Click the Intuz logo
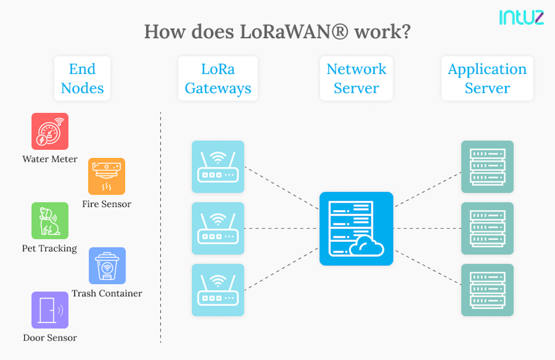click(x=521, y=17)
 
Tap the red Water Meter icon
click(x=50, y=131)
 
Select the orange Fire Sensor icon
click(x=106, y=176)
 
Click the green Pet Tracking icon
click(x=50, y=220)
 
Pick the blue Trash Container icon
click(x=107, y=266)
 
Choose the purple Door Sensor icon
click(x=50, y=310)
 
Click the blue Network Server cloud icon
click(x=356, y=229)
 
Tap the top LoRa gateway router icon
click(x=218, y=167)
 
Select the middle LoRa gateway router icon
click(x=218, y=229)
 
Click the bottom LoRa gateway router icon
click(x=218, y=290)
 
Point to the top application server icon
click(x=487, y=167)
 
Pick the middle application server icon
click(x=487, y=229)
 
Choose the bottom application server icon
click(x=487, y=290)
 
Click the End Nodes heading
click(x=82, y=79)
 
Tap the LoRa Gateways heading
click(x=218, y=79)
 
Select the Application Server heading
click(x=487, y=79)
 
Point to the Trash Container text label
click(x=107, y=294)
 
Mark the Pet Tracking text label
click(x=49, y=249)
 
